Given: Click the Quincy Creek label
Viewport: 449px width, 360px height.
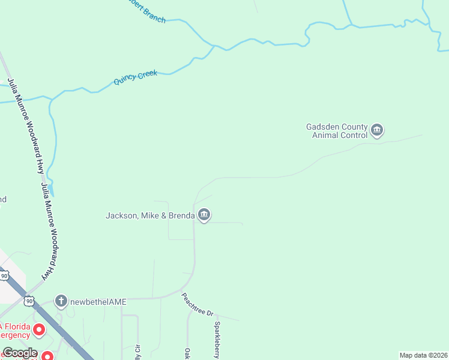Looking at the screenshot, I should pos(135,77).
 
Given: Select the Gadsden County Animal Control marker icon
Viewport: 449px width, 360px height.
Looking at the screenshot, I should pos(377,130).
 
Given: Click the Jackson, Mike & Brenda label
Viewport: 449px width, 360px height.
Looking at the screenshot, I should pos(149,215).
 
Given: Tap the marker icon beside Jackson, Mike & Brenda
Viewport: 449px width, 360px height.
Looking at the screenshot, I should pos(204,215).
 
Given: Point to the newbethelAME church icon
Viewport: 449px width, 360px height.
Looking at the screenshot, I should pos(60,301).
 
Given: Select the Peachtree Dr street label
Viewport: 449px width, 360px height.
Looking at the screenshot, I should pos(197,305).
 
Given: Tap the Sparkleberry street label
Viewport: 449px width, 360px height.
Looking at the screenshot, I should pos(217,340).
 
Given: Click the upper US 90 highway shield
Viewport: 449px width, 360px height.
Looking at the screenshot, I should pos(5,276).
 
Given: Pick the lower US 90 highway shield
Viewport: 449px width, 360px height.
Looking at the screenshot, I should pos(29,300).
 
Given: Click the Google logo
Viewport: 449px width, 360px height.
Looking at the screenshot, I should pos(20,353).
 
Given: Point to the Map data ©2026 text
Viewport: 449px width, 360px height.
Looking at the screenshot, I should pos(423,355).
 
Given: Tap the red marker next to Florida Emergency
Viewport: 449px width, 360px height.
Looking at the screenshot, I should pos(40,329).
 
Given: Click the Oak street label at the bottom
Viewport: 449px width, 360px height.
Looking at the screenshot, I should pos(187,353).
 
